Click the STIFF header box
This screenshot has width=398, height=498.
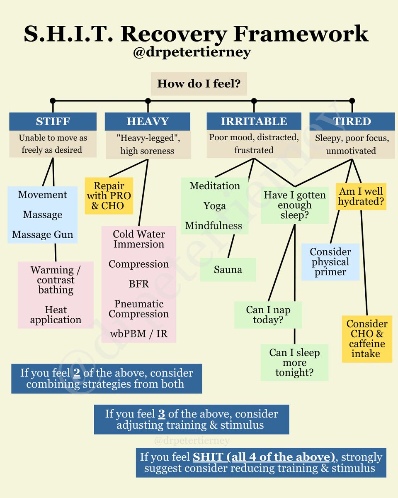point(53,121)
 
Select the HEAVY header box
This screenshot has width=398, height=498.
point(148,121)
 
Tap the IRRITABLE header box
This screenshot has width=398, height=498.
point(254,121)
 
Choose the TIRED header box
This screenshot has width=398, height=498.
point(352,121)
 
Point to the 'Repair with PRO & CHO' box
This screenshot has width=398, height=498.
point(109,196)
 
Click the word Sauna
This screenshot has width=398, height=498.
point(228,270)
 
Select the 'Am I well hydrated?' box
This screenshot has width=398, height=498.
point(361,197)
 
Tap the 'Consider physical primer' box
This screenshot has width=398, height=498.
point(330,262)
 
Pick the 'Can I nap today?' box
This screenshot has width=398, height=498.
point(268,315)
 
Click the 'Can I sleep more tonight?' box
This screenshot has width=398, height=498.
point(294,362)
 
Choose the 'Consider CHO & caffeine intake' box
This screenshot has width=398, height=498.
point(367,339)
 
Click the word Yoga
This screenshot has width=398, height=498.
point(215,206)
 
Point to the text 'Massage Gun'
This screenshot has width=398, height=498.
point(42,234)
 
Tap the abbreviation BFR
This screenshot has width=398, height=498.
point(139,284)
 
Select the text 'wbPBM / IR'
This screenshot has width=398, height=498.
point(139,334)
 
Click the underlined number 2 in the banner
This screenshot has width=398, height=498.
point(76,373)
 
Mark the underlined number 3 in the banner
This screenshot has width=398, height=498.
point(161,414)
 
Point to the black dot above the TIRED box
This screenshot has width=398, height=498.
point(352,101)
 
